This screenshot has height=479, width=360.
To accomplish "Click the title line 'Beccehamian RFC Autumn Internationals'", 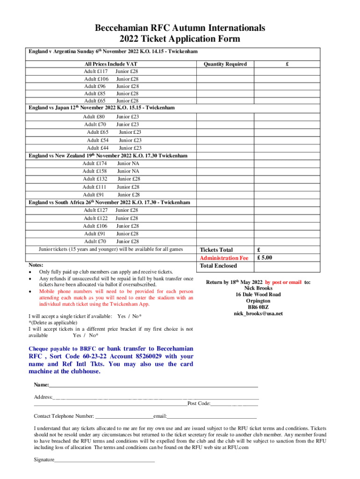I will tap(180, 28).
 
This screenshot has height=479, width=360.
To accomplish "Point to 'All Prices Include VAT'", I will tap(111, 64).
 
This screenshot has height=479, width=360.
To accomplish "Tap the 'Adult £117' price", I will tap(96, 72).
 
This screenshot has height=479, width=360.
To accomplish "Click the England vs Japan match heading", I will tap(102, 108).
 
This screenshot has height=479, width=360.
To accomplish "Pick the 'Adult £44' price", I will tap(98, 148).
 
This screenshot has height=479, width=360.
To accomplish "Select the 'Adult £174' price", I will tap(95, 163).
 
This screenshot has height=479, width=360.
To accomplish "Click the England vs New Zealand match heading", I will tap(108, 156).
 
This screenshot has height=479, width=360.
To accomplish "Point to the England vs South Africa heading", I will tap(109, 203).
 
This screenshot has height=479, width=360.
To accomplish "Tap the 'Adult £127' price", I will tap(95, 210).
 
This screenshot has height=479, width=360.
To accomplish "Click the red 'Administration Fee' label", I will tap(223, 258).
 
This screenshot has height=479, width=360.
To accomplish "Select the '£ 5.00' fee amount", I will tap(265, 258).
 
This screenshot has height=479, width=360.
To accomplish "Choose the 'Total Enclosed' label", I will tap(218, 266).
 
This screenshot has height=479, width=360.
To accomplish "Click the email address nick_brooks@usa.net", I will tap(258, 313).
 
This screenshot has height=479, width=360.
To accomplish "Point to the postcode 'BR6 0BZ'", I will tap(258, 307).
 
